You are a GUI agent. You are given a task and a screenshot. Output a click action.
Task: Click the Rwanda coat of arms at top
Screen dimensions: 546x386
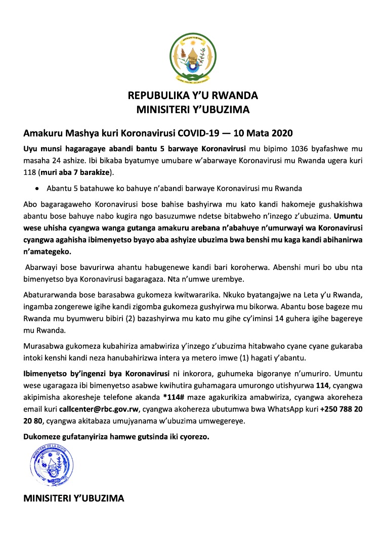click(x=193, y=59)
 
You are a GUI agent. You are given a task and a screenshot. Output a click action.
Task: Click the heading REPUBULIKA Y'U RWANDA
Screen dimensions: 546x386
click(x=193, y=96)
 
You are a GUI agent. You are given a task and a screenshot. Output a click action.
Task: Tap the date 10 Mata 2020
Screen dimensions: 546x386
click(x=265, y=133)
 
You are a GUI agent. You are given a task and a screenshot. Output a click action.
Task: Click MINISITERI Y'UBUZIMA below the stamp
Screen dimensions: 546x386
click(x=74, y=498)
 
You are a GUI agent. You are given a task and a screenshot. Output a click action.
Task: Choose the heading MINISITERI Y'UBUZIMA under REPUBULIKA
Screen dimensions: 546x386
click(x=193, y=109)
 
